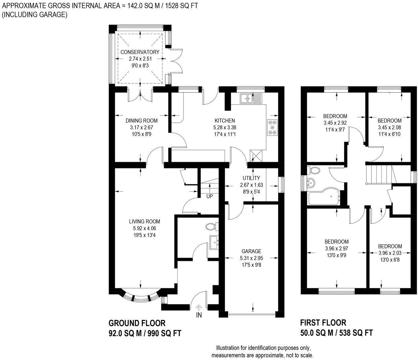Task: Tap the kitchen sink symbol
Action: coord(251,98)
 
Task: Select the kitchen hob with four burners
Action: coord(272,127)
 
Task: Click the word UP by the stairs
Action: coord(209,196)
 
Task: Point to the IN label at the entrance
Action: coord(199,315)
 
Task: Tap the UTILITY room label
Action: coord(251,178)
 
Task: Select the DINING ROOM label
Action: coord(142,121)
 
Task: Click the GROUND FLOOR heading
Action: coord(137,323)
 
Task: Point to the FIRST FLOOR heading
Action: coord(323,323)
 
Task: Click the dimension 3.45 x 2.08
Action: coord(389,127)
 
